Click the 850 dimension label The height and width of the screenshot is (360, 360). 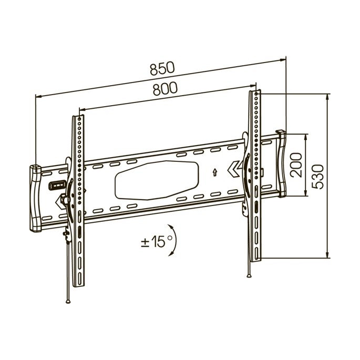pos(162,68)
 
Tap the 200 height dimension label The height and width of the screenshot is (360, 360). pos(296,165)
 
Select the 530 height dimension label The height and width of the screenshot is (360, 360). pos(317,177)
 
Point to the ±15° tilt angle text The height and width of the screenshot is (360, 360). pos(157,241)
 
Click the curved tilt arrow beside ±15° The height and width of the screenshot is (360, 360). pos(174,240)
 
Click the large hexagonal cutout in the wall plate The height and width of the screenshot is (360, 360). pos(157,180)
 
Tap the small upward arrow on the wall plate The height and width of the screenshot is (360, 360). pos(215,172)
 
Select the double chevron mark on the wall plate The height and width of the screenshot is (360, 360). pos(234,169)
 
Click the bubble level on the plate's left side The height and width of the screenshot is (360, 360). pos(57,185)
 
